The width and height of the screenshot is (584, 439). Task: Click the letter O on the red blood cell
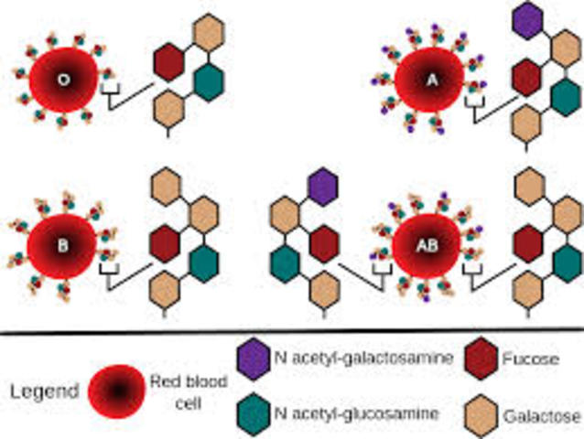[x=63, y=80]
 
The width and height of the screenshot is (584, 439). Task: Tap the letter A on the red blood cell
[x=433, y=80]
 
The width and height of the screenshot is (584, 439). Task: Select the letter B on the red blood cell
[x=62, y=244]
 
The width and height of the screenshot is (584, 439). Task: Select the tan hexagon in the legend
[x=482, y=413]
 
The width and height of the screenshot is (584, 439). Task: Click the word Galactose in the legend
[x=543, y=417]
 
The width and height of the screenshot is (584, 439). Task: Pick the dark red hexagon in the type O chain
[x=170, y=61]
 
